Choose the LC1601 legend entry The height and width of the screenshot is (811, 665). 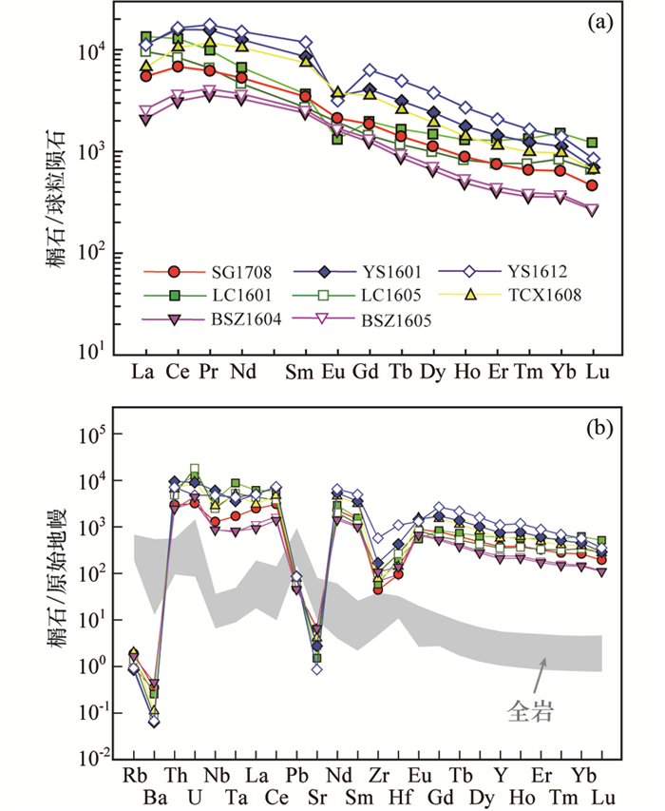215,296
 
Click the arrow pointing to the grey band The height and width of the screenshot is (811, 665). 538,673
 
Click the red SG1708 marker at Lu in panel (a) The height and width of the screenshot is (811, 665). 592,185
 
